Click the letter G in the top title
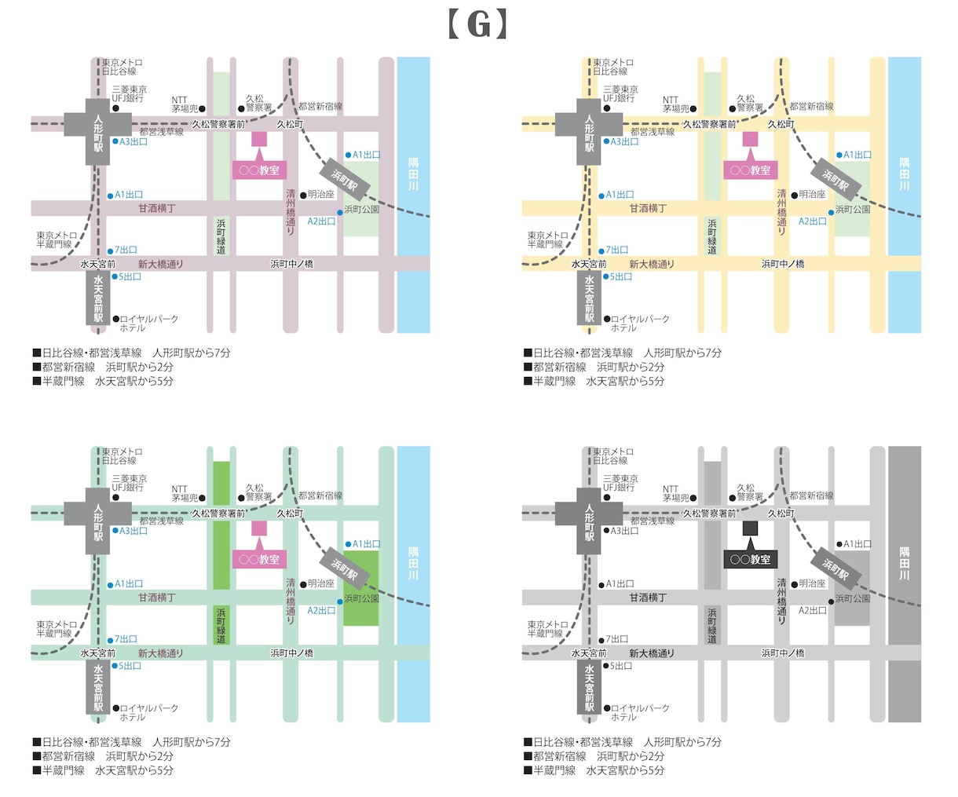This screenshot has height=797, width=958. point(478,25)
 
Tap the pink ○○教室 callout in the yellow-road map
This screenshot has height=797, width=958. point(750,170)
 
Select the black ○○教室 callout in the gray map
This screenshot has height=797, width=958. point(750,559)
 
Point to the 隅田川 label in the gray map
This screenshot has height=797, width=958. point(904,562)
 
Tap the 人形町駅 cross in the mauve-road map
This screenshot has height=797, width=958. point(97,132)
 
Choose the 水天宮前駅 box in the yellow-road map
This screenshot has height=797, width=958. point(589,298)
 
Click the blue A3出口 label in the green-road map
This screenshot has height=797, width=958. point(133,531)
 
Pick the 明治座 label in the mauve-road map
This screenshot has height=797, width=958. point(320,195)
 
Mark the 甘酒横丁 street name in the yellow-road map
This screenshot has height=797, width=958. point(647,208)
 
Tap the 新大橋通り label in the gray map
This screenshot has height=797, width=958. point(652,653)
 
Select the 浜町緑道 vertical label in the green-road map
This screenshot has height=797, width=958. point(221,626)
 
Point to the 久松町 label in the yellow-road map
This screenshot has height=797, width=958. point(781,124)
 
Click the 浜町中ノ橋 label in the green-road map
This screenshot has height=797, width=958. point(292,653)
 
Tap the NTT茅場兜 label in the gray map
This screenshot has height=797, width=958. point(676,493)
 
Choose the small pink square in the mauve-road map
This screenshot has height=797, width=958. point(259,139)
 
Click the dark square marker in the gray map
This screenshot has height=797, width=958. point(750,528)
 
